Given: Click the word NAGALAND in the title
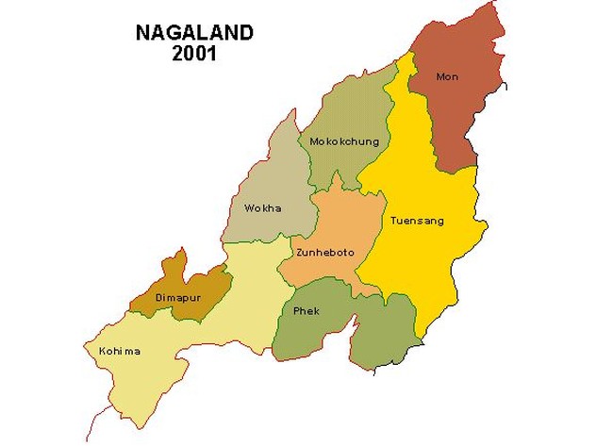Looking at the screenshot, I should (194, 34).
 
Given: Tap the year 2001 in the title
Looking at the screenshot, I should (194, 54).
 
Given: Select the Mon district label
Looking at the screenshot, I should (447, 76).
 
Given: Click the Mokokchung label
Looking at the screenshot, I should (344, 141).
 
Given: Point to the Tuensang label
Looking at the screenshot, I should (416, 221).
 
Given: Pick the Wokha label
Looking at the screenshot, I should (262, 207).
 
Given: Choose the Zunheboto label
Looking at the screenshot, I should (321, 253).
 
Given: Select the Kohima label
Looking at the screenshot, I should (119, 352).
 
